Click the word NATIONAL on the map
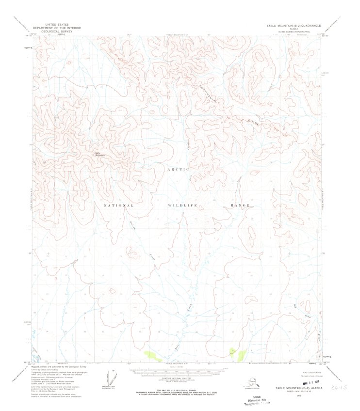click(x=118, y=205)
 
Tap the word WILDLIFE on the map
click(x=182, y=205)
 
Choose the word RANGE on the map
click(x=240, y=205)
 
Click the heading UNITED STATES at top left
click(x=57, y=24)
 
